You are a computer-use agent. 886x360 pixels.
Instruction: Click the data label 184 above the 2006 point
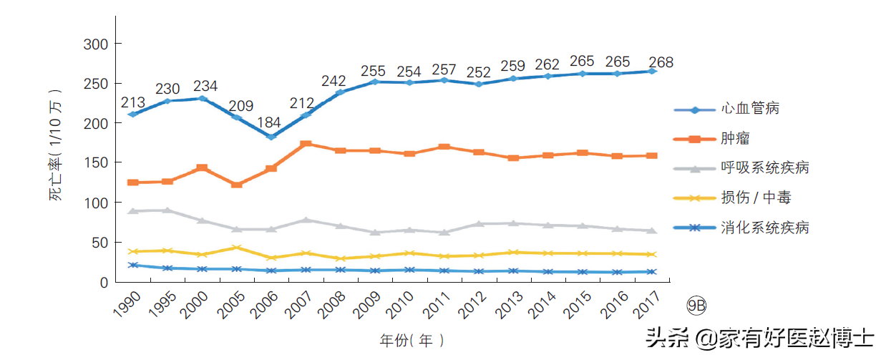click(x=269, y=122)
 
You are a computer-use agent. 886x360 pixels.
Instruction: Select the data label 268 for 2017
click(x=661, y=62)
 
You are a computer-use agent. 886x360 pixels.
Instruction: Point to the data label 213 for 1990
click(x=133, y=102)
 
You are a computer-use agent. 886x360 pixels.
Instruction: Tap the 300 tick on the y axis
click(x=96, y=44)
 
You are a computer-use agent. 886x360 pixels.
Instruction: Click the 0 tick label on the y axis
click(x=104, y=283)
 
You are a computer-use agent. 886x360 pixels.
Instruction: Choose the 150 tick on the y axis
click(x=96, y=162)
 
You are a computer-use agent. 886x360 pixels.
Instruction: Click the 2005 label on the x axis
click(x=231, y=305)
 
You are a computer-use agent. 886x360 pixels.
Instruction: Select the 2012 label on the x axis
click(x=472, y=305)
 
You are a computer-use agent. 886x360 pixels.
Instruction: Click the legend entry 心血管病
click(x=749, y=108)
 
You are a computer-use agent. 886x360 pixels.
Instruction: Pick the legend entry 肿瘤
click(x=735, y=138)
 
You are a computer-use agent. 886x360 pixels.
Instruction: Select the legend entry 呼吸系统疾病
click(x=764, y=167)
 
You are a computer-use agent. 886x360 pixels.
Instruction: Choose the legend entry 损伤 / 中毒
click(x=756, y=198)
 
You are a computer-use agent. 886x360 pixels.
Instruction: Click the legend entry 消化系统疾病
click(x=764, y=228)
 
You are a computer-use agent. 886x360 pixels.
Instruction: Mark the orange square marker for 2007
click(x=306, y=144)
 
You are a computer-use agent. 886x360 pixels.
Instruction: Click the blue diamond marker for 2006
click(x=271, y=137)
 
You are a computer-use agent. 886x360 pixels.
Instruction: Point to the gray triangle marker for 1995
click(x=167, y=210)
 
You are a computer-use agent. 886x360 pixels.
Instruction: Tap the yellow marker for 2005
click(x=237, y=248)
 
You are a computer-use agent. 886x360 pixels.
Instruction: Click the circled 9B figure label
click(x=696, y=306)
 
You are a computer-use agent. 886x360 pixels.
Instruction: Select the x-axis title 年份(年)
click(x=412, y=340)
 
